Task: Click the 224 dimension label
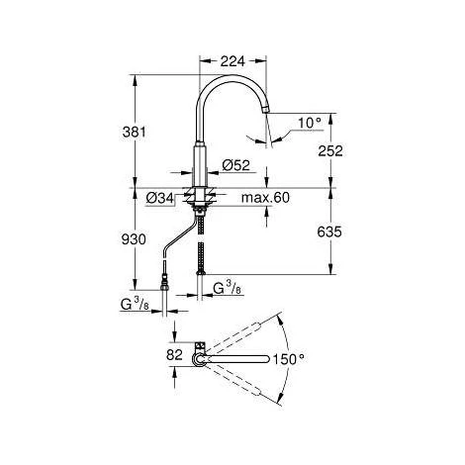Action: (232, 61)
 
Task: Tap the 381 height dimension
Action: (134, 133)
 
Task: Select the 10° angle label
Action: (310, 123)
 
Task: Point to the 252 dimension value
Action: (330, 151)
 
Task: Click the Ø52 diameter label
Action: (236, 165)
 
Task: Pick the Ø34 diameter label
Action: (160, 198)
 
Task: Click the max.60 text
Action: (265, 198)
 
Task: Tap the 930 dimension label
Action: (134, 239)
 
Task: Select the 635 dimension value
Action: (329, 232)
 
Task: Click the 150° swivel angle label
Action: (288, 359)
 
